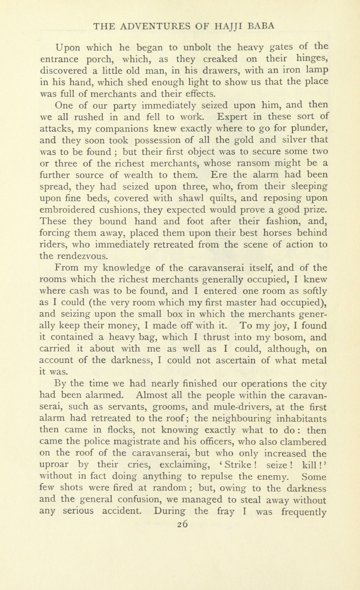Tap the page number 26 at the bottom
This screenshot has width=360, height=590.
click(x=182, y=524)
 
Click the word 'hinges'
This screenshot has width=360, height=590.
click(x=312, y=59)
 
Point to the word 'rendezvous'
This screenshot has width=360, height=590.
click(x=82, y=256)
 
